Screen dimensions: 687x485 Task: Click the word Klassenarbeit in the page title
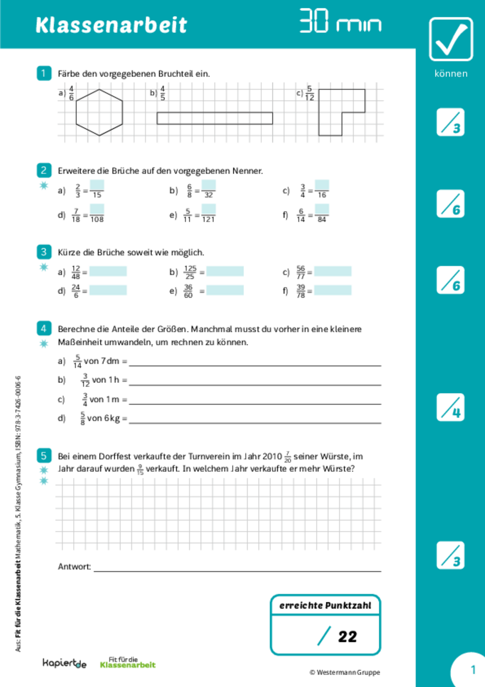click(x=111, y=25)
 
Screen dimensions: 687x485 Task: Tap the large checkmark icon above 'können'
click(x=451, y=39)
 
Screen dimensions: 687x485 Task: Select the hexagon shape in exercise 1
click(x=99, y=111)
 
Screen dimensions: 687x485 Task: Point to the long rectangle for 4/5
click(x=214, y=118)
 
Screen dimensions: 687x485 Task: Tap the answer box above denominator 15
click(x=97, y=185)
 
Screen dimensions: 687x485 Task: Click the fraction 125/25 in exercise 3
click(x=190, y=272)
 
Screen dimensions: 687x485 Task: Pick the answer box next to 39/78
click(x=333, y=290)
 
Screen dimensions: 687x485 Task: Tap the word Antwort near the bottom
click(x=74, y=567)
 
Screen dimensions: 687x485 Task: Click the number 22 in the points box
click(x=347, y=637)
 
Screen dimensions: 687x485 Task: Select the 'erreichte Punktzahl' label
click(x=325, y=606)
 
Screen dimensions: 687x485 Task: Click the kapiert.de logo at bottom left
click(x=64, y=663)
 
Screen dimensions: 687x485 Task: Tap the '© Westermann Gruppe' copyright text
click(x=344, y=672)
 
